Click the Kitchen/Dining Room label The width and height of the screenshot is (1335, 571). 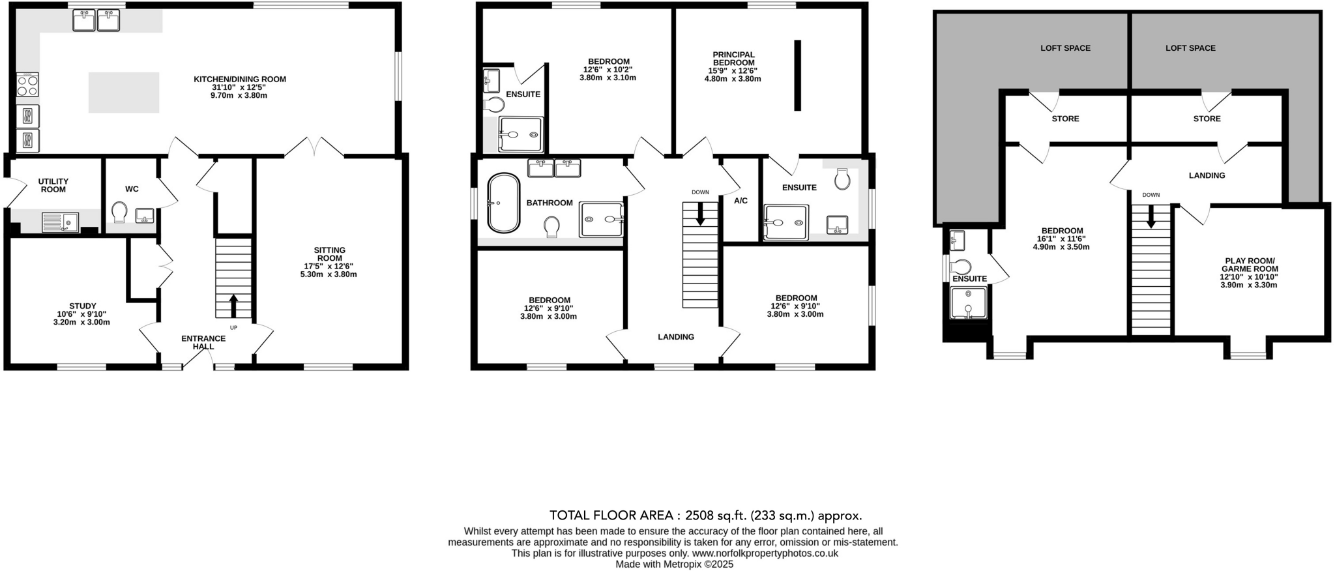pos(239,79)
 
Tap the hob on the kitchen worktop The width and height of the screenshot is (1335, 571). pos(27,85)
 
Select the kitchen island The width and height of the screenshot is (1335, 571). pos(124,93)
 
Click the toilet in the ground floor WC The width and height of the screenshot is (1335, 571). pos(119,212)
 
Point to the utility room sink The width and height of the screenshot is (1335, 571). pos(60,222)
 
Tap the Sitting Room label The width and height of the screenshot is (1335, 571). pos(329,254)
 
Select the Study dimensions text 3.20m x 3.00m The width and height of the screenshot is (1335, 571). pos(81,322)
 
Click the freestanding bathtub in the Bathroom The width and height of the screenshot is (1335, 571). pos(503,203)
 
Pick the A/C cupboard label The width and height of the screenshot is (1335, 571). pos(741,201)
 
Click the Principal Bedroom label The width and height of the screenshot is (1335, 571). pos(733,59)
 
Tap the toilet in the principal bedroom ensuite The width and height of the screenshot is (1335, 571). pos(842,179)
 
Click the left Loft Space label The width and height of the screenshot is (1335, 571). pos(1065,48)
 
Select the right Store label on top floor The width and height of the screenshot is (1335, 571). pos(1207,119)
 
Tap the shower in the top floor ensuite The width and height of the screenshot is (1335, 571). pos(968,304)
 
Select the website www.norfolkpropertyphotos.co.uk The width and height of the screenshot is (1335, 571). pos(765,553)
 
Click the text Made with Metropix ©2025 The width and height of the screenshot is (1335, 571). pos(674,564)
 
